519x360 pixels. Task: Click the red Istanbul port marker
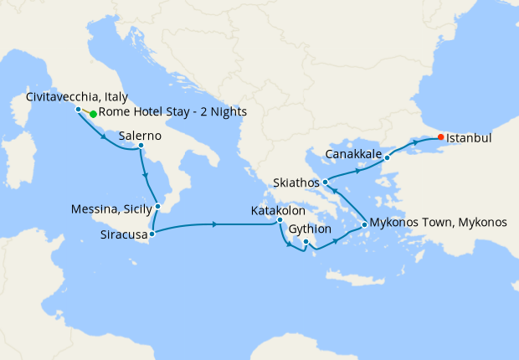(x=440, y=136)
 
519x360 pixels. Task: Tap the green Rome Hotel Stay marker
(x=93, y=114)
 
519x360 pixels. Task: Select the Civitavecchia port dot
(x=78, y=110)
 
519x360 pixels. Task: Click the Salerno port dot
(x=141, y=147)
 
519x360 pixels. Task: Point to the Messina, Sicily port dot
(x=157, y=205)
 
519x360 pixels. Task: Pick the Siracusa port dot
(x=152, y=234)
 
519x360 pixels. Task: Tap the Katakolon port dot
(x=280, y=220)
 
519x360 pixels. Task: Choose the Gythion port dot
(x=306, y=243)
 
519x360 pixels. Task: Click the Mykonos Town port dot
(x=363, y=224)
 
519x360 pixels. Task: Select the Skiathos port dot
(x=325, y=182)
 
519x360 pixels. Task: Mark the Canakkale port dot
(x=387, y=157)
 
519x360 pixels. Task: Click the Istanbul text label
(x=469, y=136)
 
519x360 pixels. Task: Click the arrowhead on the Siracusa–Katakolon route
(x=216, y=224)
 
